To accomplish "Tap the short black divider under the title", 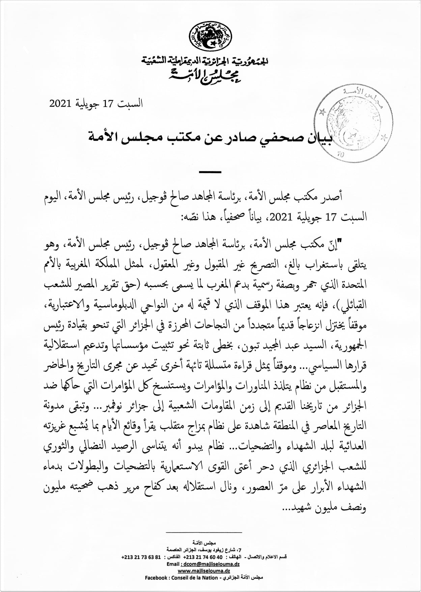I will point(210,172).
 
